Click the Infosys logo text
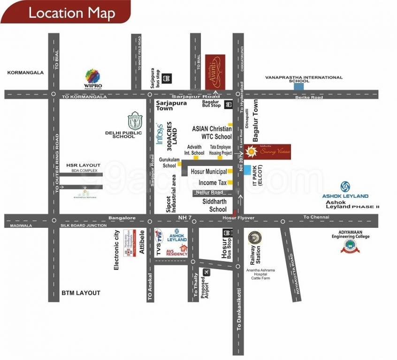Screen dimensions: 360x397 [160, 134]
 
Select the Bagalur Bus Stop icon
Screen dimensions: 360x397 [229, 105]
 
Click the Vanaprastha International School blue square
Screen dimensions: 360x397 [298, 86]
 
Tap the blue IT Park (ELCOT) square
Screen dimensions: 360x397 [247, 169]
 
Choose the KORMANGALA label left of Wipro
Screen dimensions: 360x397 [25, 73]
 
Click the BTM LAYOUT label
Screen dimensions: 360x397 [81, 293]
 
